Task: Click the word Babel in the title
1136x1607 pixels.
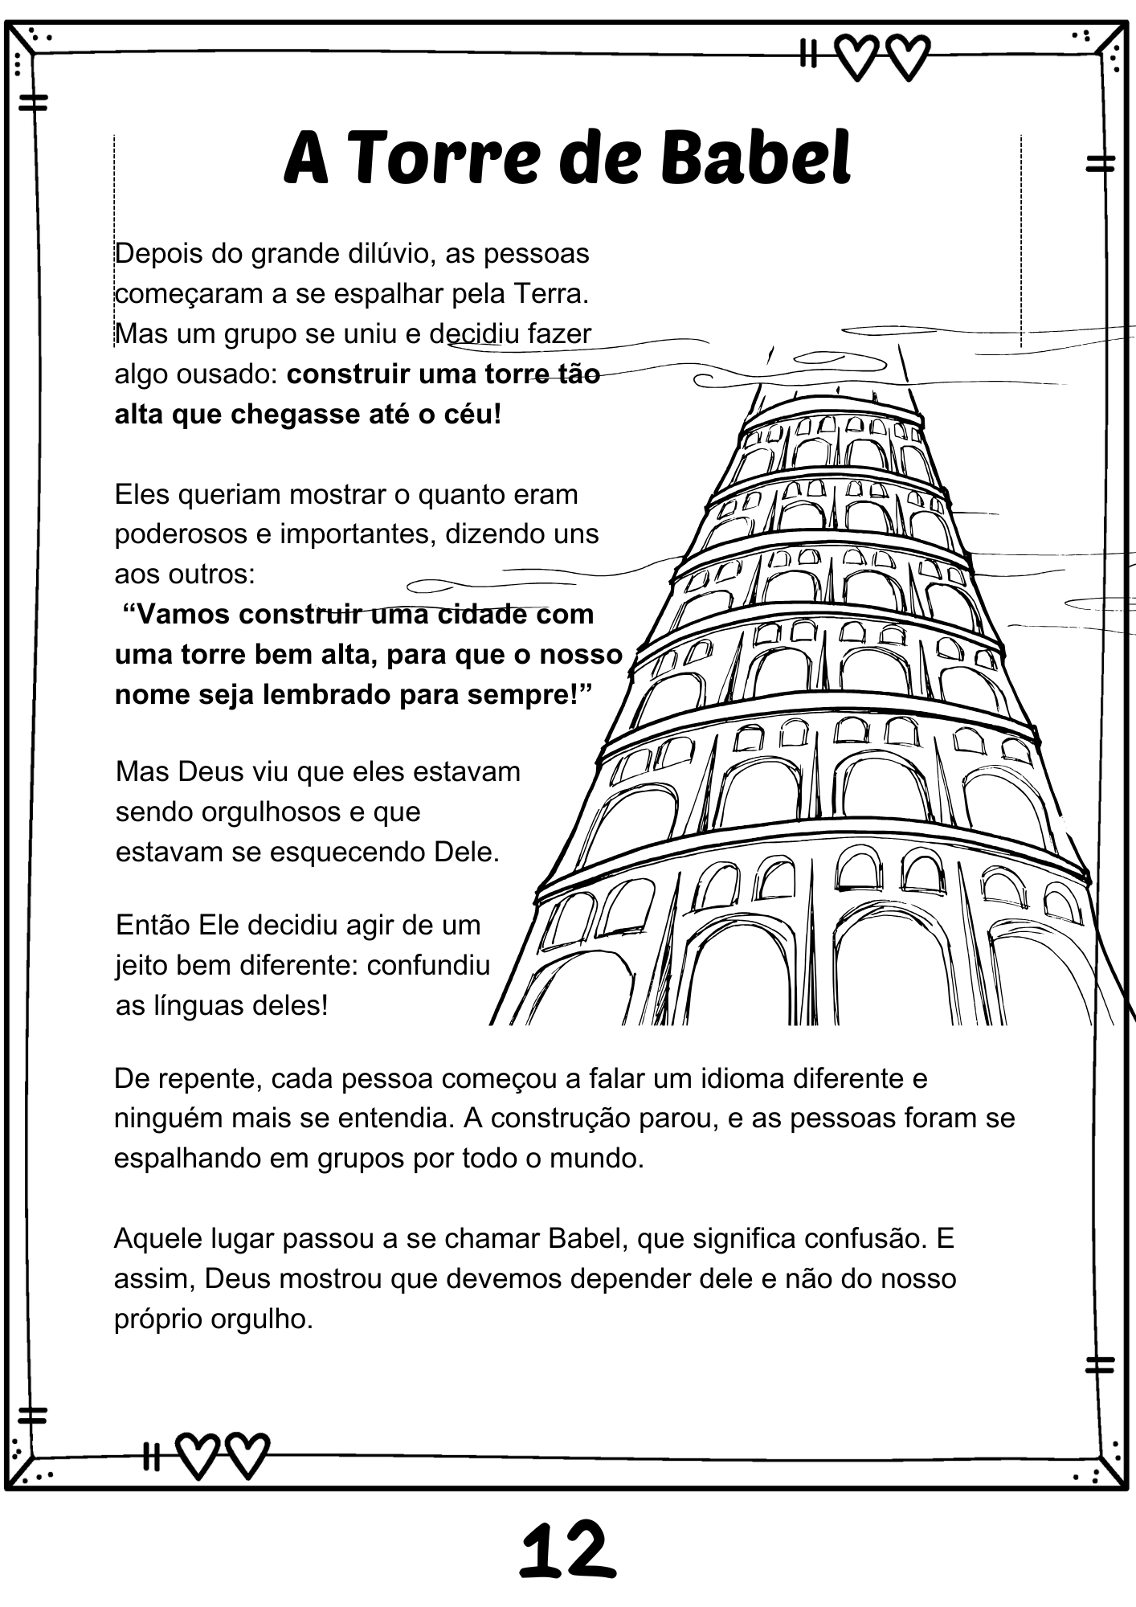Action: (x=755, y=158)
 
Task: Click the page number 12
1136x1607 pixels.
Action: (x=567, y=1551)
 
